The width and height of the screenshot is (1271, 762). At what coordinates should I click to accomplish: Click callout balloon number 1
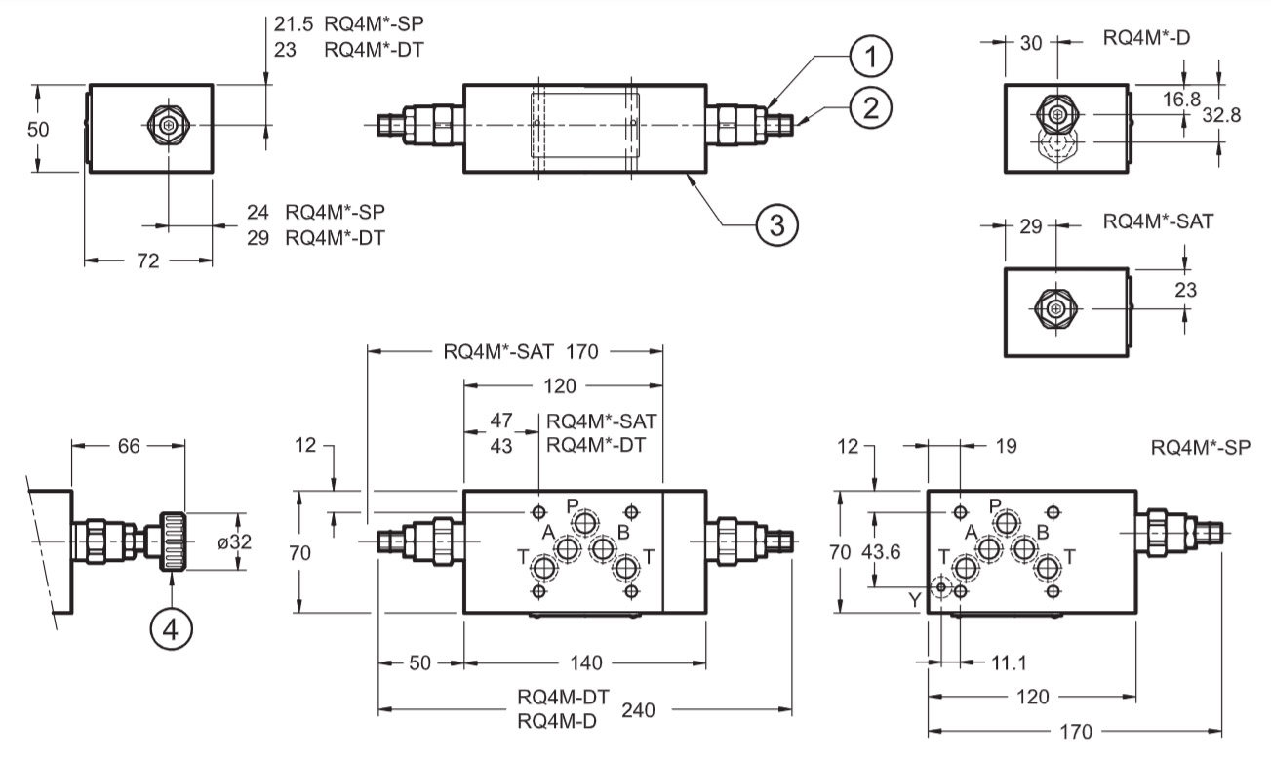tap(870, 56)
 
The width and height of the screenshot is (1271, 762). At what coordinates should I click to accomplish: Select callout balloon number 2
tap(870, 107)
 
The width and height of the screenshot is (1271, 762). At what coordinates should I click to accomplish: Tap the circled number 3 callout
tap(776, 224)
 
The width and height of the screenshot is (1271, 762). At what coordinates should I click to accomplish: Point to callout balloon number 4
tap(171, 629)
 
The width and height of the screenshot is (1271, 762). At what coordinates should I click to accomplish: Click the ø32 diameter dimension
tap(234, 541)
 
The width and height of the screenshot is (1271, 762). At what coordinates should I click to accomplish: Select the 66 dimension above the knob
tap(128, 446)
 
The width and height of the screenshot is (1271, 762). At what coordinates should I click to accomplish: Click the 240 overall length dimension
tap(638, 709)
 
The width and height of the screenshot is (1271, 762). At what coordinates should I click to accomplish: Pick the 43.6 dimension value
tap(881, 551)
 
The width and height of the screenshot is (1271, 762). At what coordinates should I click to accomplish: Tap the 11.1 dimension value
tap(1009, 662)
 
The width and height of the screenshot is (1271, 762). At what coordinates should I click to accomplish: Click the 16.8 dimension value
tap(1181, 100)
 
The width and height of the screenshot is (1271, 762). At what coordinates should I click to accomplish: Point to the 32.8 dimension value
tap(1221, 115)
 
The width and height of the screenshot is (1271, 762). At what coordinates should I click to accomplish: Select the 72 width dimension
tap(147, 261)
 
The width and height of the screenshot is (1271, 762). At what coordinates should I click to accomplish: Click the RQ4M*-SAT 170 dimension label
tap(520, 352)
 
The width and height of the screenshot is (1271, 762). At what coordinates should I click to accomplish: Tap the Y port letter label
tap(914, 599)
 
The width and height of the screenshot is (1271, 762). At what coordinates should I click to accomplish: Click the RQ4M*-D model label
tap(1146, 37)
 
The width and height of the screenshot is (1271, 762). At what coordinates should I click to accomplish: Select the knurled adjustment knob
tap(172, 541)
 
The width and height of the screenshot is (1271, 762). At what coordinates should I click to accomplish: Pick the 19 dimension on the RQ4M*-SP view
tap(1006, 446)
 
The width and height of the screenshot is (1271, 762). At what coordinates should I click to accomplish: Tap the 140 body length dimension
tap(585, 662)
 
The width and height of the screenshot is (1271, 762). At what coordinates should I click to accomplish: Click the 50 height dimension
tap(38, 130)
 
